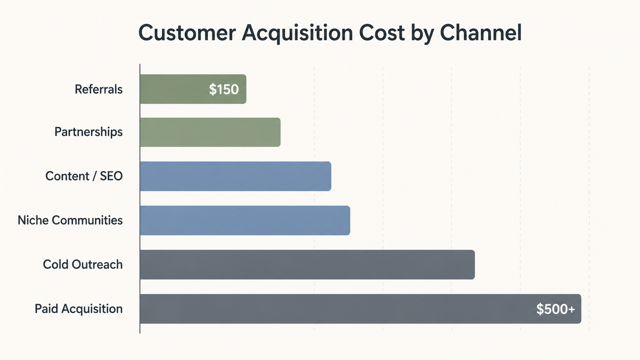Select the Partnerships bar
tap(210, 132)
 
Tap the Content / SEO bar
tap(235, 176)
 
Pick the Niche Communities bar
tap(245, 220)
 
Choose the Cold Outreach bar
tap(307, 264)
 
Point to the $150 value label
tap(224, 90)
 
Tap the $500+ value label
tap(555, 309)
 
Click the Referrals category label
tap(98, 90)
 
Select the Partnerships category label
tap(88, 132)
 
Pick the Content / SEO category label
tap(84, 176)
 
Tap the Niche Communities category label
tap(70, 220)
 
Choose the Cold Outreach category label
tap(83, 264)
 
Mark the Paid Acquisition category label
tap(78, 309)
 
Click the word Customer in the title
tap(187, 33)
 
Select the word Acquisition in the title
tap(297, 33)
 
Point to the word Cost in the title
tap(382, 33)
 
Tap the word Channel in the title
tap(480, 33)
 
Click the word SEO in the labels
tap(111, 176)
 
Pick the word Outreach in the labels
tap(97, 264)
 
